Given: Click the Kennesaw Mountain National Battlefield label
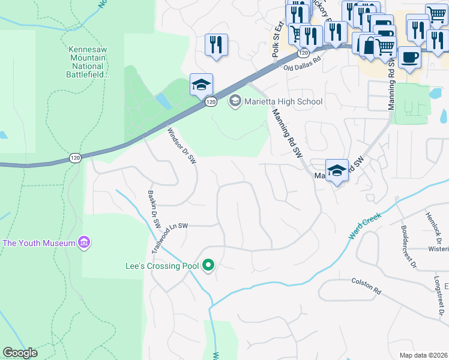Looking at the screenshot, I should (x=89, y=62).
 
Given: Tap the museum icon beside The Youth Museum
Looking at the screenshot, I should (x=84, y=243).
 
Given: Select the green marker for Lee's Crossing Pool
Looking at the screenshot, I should (x=208, y=265).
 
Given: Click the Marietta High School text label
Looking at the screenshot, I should (x=283, y=101).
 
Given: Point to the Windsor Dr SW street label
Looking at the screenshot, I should (x=181, y=146).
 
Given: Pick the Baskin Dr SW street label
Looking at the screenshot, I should (x=154, y=209).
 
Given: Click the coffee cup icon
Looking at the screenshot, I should (x=409, y=58).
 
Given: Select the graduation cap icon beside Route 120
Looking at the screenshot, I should (x=201, y=84).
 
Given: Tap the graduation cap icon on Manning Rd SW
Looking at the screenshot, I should (x=337, y=170).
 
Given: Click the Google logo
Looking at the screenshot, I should (x=20, y=353).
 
